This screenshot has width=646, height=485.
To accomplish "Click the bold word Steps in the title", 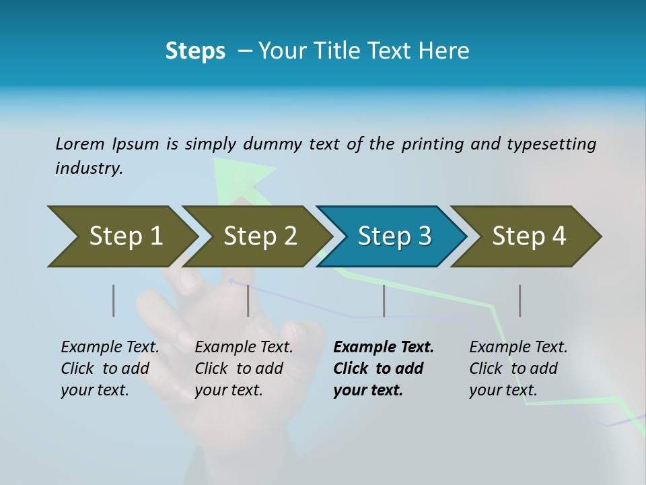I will point(195,51).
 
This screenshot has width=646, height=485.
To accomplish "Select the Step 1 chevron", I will point(121,236).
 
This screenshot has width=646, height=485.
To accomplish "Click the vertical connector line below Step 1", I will point(113,300).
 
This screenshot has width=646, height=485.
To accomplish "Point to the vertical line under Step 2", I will point(248,300).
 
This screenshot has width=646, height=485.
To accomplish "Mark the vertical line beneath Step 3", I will point(384,300).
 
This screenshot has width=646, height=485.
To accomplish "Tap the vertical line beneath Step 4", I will point(519,300).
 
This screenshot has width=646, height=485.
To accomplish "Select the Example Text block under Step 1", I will point(110,368).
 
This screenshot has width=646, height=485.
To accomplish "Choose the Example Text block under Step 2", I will point(244,368).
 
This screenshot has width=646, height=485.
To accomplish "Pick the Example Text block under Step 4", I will point(517,368).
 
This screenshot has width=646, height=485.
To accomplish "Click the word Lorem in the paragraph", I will point(79,143).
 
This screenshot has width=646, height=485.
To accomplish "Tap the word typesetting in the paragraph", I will point(551,144).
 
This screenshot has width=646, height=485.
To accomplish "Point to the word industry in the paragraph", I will point(88,168).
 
